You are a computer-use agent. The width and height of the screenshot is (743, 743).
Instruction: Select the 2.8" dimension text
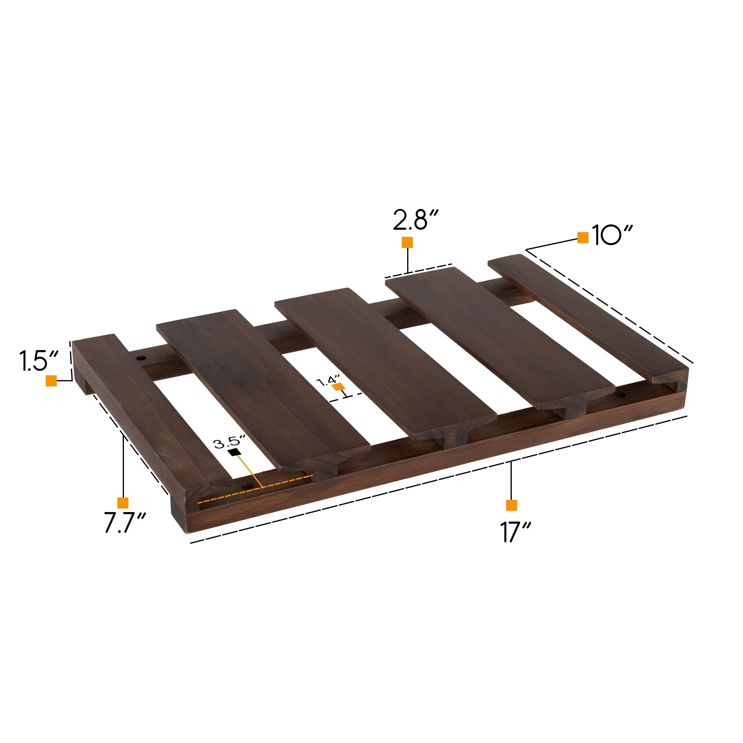[416, 220]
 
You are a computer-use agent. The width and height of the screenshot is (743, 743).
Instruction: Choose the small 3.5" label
[230, 442]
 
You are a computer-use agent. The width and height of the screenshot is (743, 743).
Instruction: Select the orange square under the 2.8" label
[407, 242]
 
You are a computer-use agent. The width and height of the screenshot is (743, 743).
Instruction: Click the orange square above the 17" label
[511, 505]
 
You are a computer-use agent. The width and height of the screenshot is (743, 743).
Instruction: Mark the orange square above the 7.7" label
[123, 503]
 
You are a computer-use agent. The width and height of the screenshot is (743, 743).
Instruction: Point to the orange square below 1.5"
[51, 381]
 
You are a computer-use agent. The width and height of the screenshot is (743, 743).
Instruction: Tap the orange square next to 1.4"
[339, 386]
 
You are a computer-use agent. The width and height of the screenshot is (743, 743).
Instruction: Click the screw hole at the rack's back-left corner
[141, 358]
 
